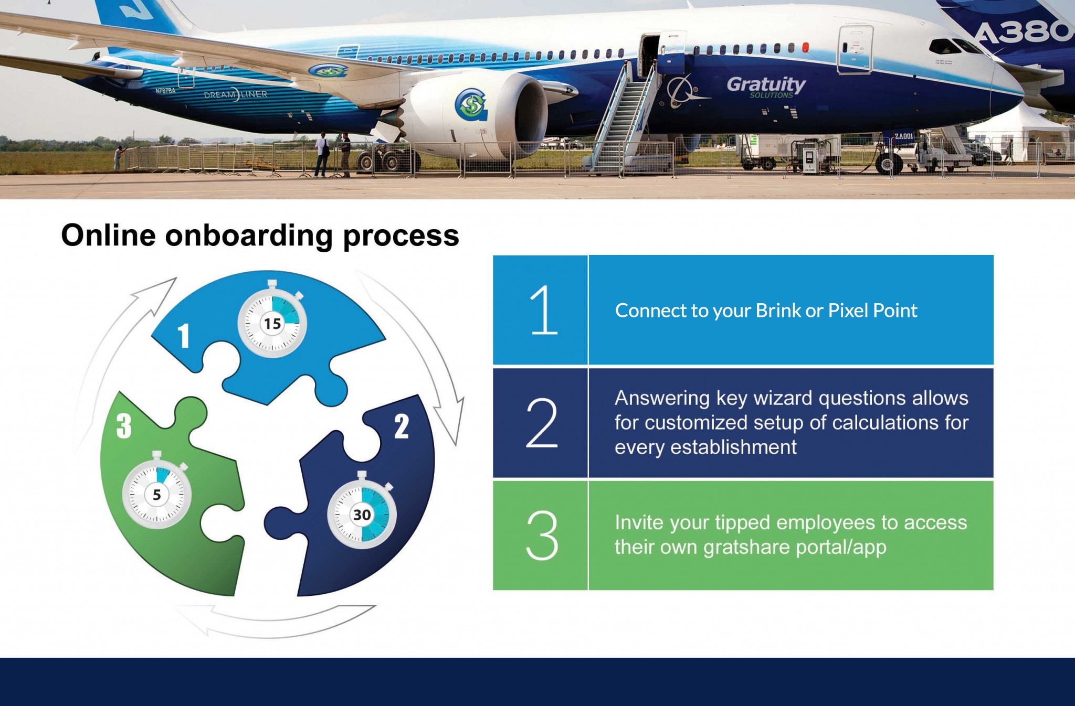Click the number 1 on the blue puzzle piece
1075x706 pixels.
tap(183, 336)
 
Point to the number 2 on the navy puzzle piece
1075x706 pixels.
tap(402, 426)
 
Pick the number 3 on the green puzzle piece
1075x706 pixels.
tap(124, 426)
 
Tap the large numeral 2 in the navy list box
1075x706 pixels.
tap(542, 423)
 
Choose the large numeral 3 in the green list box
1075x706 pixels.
tap(542, 536)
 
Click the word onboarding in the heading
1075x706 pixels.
tap(249, 235)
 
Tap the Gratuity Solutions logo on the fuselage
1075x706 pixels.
tap(766, 86)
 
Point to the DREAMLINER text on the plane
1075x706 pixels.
tap(236, 95)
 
